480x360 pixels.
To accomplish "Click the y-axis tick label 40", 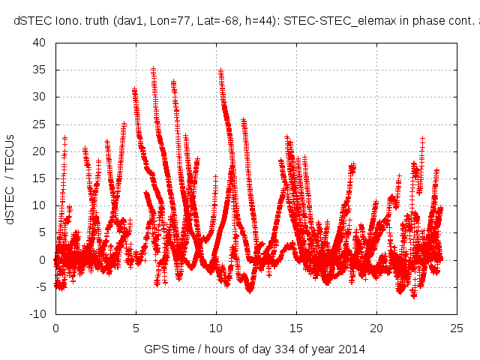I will click(40, 43).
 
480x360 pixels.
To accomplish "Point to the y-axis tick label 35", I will click(40, 70).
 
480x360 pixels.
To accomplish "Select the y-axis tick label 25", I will click(40, 124).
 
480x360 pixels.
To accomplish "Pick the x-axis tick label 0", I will click(55, 328).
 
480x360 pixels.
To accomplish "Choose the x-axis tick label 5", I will click(136, 328).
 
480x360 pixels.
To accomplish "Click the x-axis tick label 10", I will click(216, 328).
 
